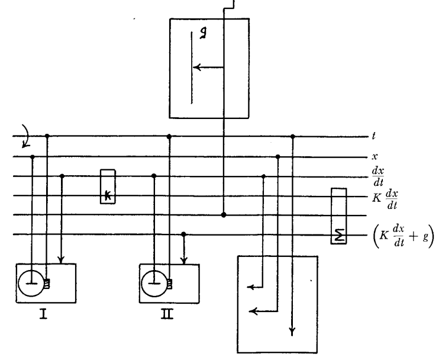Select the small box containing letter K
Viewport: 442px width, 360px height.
[108, 187]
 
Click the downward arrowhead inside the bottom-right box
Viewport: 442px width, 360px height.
[292, 332]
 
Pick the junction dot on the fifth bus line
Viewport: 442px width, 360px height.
[223, 215]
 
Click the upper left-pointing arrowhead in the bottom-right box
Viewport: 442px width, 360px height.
[251, 287]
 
